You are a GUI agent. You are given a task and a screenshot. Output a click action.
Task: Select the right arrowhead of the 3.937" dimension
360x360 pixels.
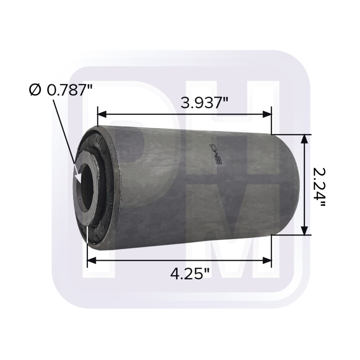[267, 114]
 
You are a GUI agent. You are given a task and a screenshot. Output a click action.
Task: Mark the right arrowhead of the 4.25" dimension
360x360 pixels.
[267, 260]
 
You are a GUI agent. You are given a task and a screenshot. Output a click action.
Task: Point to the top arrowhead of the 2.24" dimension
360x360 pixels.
[305, 139]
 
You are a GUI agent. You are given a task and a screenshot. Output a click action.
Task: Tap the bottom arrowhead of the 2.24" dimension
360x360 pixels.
[305, 230]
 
